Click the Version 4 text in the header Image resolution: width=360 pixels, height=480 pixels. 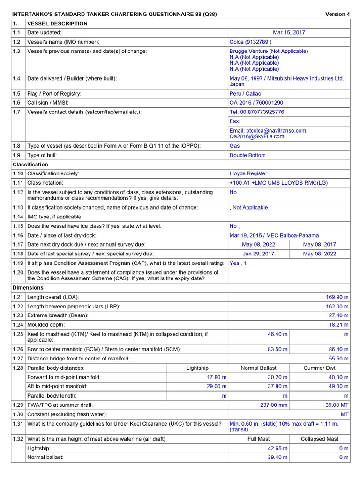click(x=337, y=14)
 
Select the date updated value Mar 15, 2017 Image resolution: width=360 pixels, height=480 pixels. click(x=289, y=33)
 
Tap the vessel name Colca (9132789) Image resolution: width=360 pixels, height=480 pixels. click(x=250, y=42)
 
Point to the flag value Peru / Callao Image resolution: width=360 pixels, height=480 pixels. click(x=245, y=93)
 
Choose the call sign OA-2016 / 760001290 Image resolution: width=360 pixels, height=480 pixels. click(x=256, y=103)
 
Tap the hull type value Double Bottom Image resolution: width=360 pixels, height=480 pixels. click(x=247, y=155)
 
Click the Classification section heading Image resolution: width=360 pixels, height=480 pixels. click(x=30, y=165)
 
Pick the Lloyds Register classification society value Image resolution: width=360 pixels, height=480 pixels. click(x=248, y=173)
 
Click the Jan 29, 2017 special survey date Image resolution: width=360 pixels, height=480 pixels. click(x=258, y=254)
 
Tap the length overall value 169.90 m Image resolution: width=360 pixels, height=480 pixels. click(x=337, y=297)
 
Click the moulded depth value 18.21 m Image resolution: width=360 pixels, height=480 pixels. click(x=338, y=324)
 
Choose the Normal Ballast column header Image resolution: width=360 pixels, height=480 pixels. click(x=258, y=368)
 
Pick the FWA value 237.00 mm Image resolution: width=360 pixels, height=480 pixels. click(x=274, y=405)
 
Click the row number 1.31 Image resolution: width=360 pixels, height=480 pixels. click(x=18, y=424)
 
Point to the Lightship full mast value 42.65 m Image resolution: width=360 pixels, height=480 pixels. click(x=277, y=448)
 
